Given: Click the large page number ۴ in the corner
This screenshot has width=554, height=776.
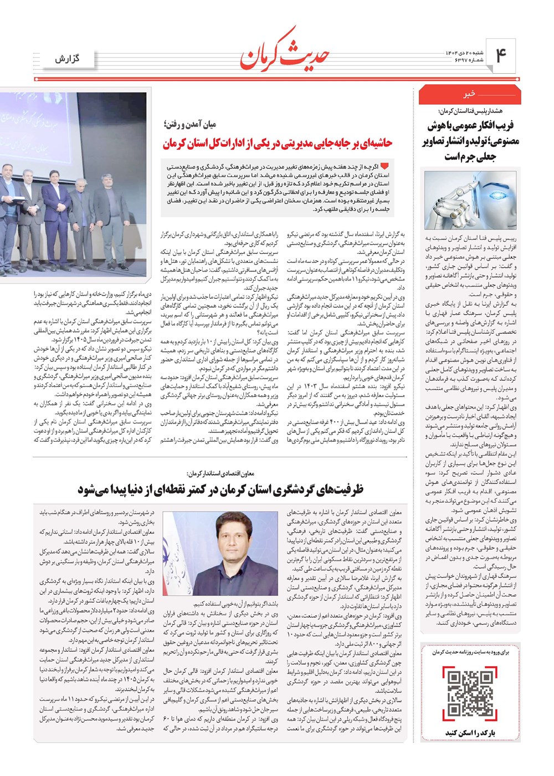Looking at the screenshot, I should (501, 56).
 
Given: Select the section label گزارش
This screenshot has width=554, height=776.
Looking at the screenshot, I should (67, 58).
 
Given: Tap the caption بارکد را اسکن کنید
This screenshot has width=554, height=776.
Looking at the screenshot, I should (470, 733).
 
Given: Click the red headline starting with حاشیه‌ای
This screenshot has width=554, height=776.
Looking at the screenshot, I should (277, 143).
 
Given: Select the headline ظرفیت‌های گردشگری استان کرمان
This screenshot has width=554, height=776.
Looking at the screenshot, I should (220, 489).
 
